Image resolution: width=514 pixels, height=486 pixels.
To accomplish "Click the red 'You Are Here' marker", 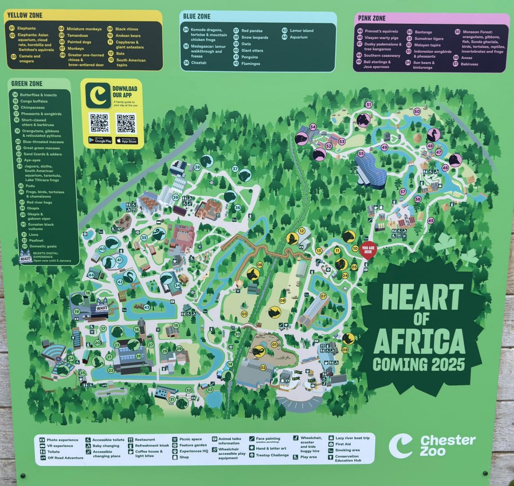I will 368,250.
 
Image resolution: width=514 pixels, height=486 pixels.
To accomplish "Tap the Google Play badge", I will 100,140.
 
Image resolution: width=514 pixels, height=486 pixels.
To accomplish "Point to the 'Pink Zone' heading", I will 372,18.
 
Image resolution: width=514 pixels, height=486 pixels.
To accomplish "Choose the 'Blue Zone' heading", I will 197,17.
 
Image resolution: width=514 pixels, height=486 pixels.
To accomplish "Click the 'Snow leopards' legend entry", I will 254,37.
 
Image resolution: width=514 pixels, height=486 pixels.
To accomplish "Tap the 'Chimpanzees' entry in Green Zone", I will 32,108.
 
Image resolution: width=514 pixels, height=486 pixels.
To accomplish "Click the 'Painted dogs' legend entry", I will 79,42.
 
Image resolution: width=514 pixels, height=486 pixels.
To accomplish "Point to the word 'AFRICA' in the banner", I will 419,342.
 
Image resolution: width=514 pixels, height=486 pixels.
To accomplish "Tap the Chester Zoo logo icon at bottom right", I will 400,445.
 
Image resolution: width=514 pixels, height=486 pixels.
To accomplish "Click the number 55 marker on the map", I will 361,154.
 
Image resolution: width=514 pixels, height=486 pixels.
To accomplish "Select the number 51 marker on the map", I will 369,105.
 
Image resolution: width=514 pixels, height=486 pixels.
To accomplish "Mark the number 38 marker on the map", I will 197,167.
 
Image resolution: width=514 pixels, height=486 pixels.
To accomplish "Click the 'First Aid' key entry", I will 346,444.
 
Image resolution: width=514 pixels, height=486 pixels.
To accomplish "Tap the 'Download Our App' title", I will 125,91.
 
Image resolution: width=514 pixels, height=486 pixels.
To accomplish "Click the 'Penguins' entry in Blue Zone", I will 250,57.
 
